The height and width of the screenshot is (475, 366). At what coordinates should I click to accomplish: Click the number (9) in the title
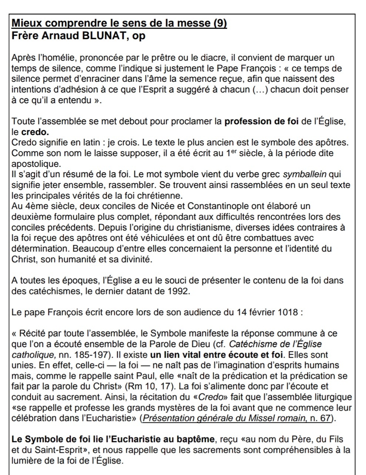(220, 23)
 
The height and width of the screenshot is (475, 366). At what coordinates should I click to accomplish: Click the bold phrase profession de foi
(261, 121)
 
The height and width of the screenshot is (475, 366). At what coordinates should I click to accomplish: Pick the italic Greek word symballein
(305, 174)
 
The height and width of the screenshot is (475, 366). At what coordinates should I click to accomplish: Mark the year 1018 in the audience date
(288, 312)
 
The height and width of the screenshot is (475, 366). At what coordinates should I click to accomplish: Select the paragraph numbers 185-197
(90, 355)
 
